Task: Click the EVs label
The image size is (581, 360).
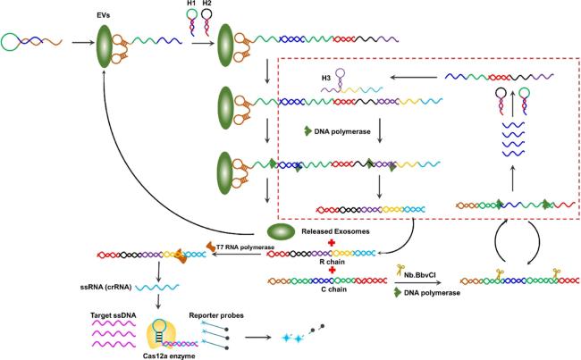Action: (104, 16)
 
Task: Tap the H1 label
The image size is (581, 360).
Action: (191, 4)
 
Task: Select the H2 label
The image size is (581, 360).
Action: (206, 4)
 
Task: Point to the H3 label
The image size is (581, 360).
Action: (326, 79)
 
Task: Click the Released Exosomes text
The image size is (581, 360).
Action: (335, 231)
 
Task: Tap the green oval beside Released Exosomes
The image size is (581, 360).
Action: (281, 232)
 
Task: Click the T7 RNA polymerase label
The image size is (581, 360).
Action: (246, 247)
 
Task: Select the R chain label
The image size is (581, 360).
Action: (332, 262)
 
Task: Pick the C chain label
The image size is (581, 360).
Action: (334, 289)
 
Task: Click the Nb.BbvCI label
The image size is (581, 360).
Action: (420, 275)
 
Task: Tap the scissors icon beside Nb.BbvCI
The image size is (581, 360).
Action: (400, 270)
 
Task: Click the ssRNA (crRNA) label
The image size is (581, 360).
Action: (106, 287)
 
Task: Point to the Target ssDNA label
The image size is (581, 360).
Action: (113, 315)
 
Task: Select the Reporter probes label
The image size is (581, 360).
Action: (216, 315)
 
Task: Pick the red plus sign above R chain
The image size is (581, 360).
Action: (332, 243)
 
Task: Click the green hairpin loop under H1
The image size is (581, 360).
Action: (191, 14)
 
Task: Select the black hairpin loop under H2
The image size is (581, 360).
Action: (206, 14)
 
